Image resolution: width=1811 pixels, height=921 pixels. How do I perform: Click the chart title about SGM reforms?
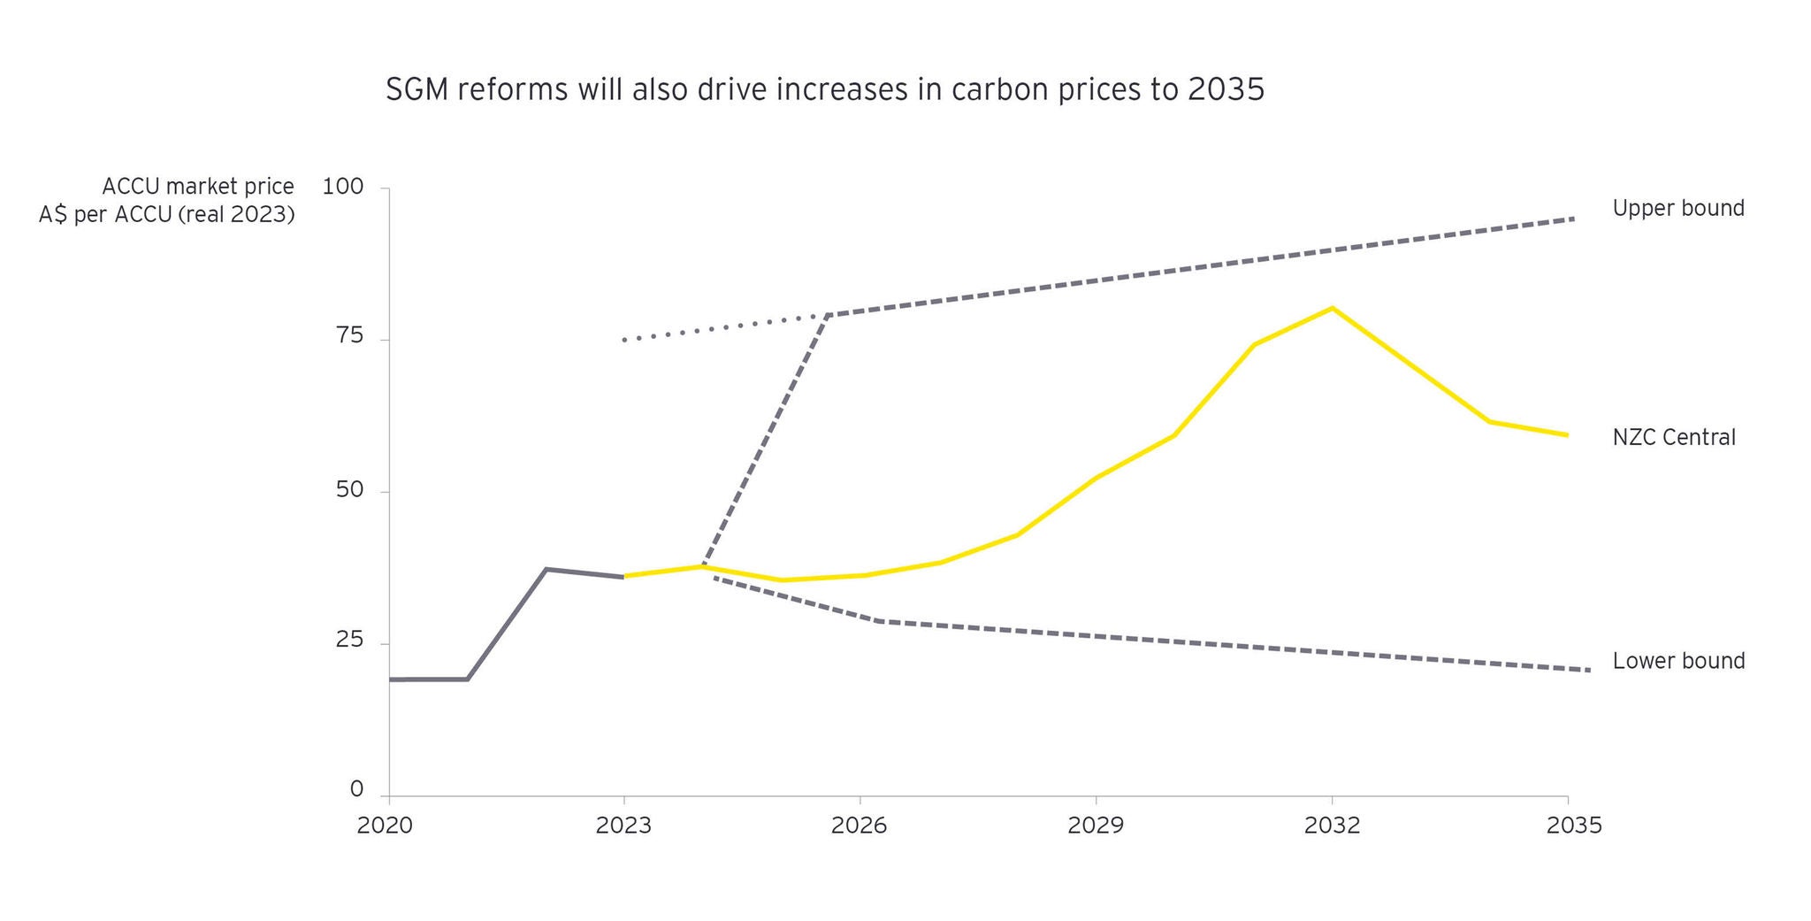pos(824,90)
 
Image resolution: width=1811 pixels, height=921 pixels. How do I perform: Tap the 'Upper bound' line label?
pos(1677,209)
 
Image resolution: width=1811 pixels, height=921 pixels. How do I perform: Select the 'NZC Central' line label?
pos(1673,437)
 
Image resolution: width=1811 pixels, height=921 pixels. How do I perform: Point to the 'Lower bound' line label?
pos(1677,661)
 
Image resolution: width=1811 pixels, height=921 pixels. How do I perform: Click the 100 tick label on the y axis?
pos(343,188)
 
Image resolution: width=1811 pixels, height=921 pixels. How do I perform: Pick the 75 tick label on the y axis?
pos(349,336)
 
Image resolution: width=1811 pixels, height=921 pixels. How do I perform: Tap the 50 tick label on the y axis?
pos(349,489)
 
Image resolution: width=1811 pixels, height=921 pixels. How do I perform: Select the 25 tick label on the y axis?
pos(349,640)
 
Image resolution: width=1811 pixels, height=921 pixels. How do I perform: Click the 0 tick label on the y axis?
pos(356,789)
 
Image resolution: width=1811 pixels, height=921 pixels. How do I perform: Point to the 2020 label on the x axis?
pos(385,825)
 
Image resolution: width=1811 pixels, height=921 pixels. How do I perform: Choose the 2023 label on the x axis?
pos(623,825)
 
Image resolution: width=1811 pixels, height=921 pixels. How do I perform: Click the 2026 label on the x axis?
pos(859,825)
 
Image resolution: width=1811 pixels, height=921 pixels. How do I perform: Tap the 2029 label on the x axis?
pos(1095,825)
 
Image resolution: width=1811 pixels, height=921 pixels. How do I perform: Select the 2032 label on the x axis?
pos(1332,825)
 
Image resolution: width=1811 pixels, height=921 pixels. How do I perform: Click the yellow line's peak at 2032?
pos(1332,308)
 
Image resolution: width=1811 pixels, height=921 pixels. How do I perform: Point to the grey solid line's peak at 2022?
pos(546,569)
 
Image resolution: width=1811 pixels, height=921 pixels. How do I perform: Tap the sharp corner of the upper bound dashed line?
pos(828,315)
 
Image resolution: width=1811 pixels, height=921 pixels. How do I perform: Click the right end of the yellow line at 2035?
pos(1567,435)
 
